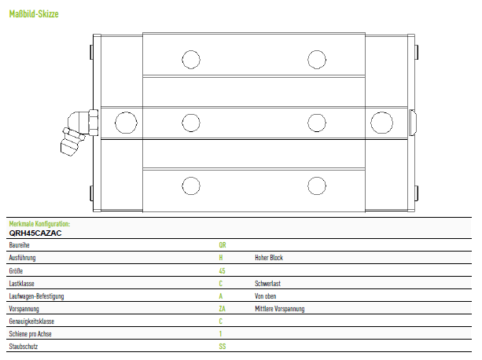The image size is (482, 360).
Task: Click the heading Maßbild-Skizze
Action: tap(34, 14)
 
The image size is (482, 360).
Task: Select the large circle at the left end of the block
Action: tap(126, 123)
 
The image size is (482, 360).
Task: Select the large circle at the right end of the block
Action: tap(381, 123)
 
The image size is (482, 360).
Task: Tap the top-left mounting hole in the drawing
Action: tap(191, 59)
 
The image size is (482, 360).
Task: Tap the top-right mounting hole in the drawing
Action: tap(317, 59)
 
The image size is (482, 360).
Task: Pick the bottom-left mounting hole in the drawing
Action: tap(191, 186)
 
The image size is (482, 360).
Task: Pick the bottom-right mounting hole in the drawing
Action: tap(317, 186)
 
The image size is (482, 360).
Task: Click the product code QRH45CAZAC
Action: tap(35, 233)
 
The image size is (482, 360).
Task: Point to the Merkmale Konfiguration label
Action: tap(39, 223)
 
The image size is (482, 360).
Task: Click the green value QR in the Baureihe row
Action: tap(223, 245)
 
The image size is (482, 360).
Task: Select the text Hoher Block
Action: tap(269, 258)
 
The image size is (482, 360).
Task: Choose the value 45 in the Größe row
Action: tap(222, 271)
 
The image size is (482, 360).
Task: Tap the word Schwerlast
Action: tap(267, 284)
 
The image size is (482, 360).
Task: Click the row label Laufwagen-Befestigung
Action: tap(36, 296)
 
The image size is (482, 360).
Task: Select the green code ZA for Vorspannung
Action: tap(222, 309)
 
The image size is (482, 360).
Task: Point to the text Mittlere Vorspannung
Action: tap(279, 309)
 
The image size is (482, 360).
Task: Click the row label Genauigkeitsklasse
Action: tap(31, 321)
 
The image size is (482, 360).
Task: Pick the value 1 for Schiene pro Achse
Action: tap(220, 334)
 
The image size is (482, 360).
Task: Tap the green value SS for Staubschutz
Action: tap(223, 347)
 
